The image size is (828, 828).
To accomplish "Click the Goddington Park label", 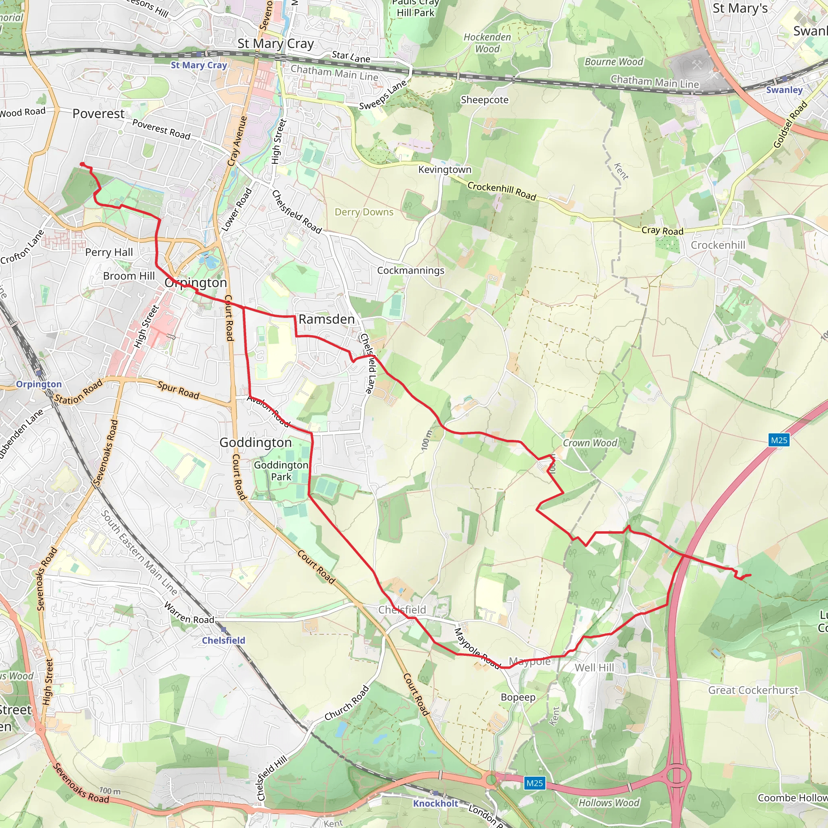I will [x=281, y=471].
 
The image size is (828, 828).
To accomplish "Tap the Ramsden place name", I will [x=327, y=319].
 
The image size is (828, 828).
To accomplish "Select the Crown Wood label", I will [x=590, y=443].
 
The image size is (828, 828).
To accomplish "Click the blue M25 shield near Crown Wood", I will [x=779, y=440].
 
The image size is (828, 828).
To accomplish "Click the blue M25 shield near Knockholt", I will [x=534, y=784].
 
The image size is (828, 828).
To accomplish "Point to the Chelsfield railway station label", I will [x=223, y=640].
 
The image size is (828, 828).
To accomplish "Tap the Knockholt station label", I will [x=435, y=804].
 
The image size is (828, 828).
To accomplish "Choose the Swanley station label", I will [x=784, y=90].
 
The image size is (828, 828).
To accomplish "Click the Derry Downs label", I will [x=364, y=212].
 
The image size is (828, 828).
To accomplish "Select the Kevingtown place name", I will [x=444, y=170].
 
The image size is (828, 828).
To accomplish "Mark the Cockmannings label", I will [x=411, y=270].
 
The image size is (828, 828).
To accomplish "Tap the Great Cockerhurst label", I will [x=753, y=690].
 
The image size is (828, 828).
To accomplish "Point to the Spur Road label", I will [x=178, y=390].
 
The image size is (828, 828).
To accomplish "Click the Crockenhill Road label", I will [x=501, y=191].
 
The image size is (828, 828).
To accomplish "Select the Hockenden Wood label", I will [x=487, y=43].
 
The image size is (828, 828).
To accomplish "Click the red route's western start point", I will [x=82, y=164].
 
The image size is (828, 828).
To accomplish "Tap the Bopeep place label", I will [x=518, y=697].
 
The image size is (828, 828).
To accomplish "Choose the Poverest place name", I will [x=99, y=114].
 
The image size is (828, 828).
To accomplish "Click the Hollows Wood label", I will [x=608, y=803].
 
